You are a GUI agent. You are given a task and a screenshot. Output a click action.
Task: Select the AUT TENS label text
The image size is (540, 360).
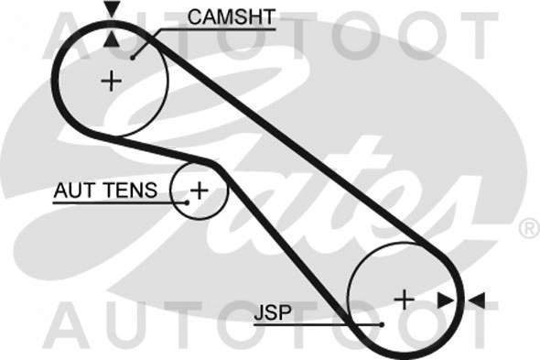105,191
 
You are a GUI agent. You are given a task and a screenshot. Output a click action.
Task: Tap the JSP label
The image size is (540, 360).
272,312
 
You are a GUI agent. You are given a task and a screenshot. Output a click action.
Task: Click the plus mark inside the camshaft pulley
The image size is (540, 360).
111,81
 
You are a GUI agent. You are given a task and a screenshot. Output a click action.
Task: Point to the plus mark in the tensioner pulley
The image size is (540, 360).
198,191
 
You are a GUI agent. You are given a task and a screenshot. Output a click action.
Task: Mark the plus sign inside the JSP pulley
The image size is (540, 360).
404,298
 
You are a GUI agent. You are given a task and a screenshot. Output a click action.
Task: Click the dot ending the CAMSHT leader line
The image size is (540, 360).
134,57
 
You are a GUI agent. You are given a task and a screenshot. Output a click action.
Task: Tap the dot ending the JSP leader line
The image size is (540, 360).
380,324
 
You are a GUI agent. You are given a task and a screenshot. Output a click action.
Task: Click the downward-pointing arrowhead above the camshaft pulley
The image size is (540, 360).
111,10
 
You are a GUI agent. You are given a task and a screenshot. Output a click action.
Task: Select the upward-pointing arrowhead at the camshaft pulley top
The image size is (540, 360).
111,38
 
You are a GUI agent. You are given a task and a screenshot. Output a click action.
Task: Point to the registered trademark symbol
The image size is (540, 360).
528,226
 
